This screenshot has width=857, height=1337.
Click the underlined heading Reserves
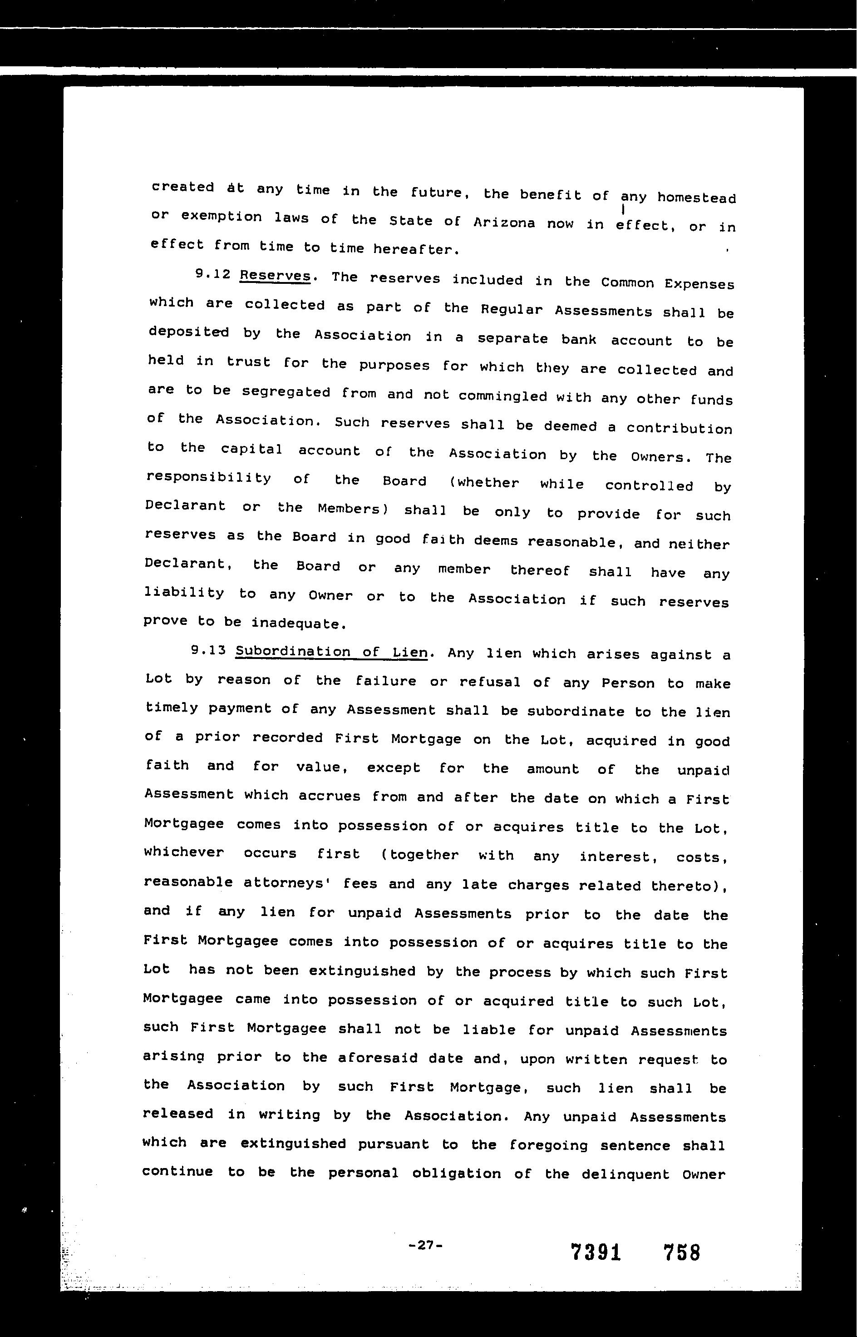[x=275, y=276]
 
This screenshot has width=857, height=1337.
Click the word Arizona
[x=504, y=223]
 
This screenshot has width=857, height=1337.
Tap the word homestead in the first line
[x=696, y=198]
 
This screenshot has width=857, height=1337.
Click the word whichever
[x=184, y=853]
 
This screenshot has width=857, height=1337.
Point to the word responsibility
[x=208, y=478]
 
